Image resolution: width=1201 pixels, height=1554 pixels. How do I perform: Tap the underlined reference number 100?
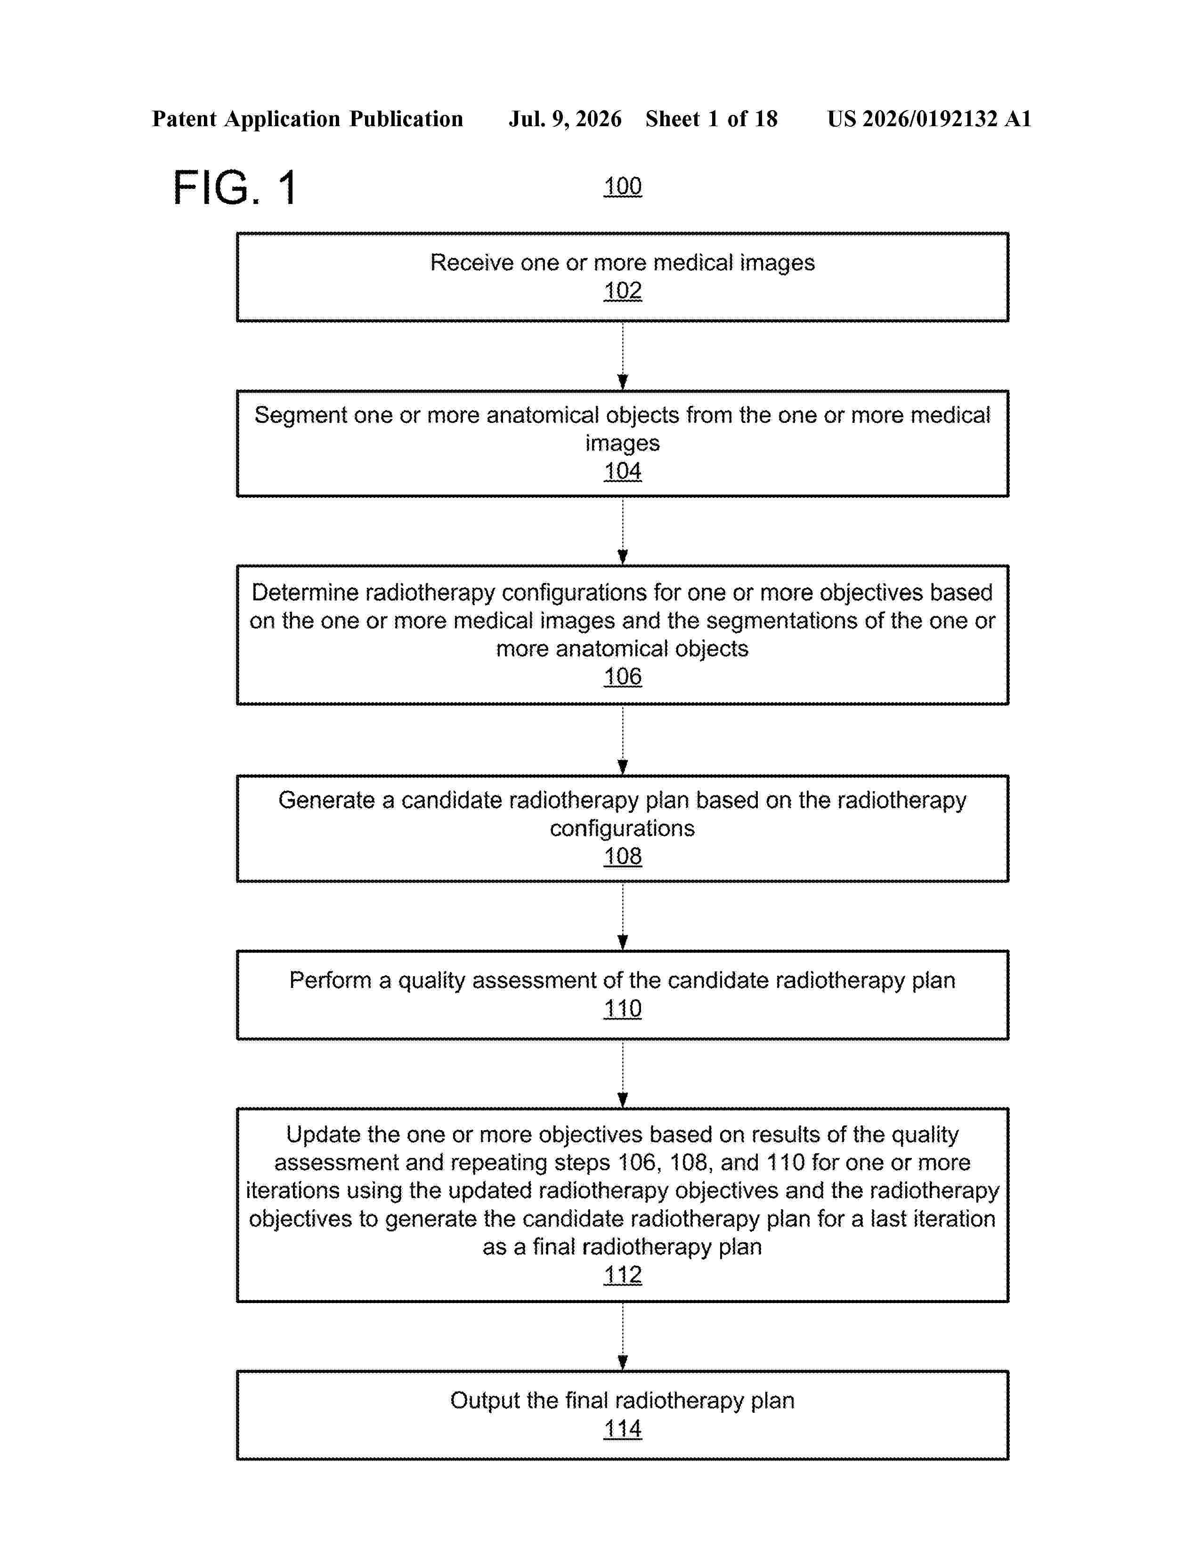point(623,186)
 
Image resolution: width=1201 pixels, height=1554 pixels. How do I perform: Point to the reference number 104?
point(623,471)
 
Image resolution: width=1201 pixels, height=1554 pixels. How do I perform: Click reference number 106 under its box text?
point(623,677)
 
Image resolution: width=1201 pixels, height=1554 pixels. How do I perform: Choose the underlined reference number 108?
point(623,856)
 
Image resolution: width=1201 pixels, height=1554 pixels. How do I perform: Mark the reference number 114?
point(623,1429)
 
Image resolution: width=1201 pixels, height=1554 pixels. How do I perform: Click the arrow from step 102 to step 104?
point(623,356)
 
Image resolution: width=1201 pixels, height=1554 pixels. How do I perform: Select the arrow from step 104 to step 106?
point(623,531)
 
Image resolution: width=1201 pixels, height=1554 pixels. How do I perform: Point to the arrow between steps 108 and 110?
point(623,916)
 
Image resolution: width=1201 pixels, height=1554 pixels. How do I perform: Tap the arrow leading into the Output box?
point(623,1336)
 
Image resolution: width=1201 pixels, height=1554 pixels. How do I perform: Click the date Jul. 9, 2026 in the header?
point(565,119)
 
